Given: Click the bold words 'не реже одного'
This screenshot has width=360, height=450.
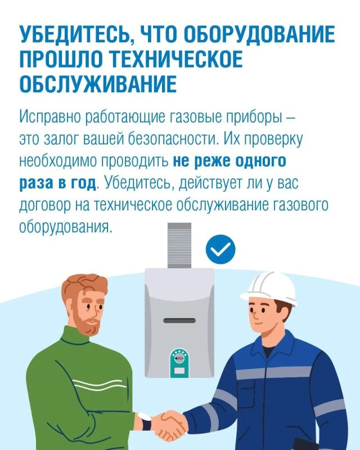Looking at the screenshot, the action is (229, 161).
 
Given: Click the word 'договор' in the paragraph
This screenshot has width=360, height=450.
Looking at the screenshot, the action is (45, 205).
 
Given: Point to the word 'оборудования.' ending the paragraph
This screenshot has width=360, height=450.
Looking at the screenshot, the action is (65, 227).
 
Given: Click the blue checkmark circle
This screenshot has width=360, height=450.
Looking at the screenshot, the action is (220, 249).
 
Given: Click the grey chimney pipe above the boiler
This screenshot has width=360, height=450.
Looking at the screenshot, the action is (179, 245).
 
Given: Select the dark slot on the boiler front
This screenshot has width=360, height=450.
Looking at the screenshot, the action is (179, 321).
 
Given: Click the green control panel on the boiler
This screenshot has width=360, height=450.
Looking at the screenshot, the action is (179, 363).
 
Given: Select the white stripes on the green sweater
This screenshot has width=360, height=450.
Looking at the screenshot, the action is (99, 385).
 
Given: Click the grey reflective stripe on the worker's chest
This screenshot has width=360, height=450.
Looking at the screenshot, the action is (269, 372).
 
